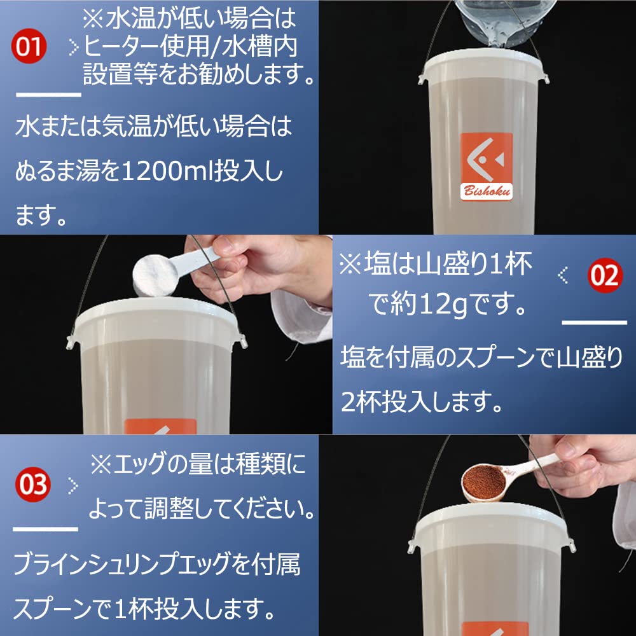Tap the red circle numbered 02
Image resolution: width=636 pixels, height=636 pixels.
(x=604, y=275)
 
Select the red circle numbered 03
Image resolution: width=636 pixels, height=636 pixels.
(x=32, y=485)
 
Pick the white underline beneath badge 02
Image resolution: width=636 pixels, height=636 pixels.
(x=595, y=322)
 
